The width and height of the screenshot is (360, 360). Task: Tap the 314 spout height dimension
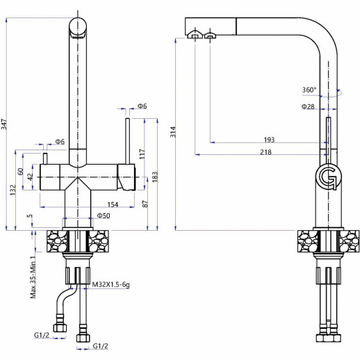(173, 132)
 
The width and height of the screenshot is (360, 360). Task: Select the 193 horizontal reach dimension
(269, 140)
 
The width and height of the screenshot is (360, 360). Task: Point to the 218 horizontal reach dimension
(265, 152)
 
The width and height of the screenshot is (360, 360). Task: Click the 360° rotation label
(309, 90)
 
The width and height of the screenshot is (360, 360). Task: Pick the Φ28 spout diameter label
(308, 106)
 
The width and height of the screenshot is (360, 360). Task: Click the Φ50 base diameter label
(104, 215)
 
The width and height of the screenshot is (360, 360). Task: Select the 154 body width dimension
(113, 204)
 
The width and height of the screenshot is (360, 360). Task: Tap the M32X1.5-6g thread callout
(111, 284)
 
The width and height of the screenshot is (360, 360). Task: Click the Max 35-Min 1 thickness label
(33, 277)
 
